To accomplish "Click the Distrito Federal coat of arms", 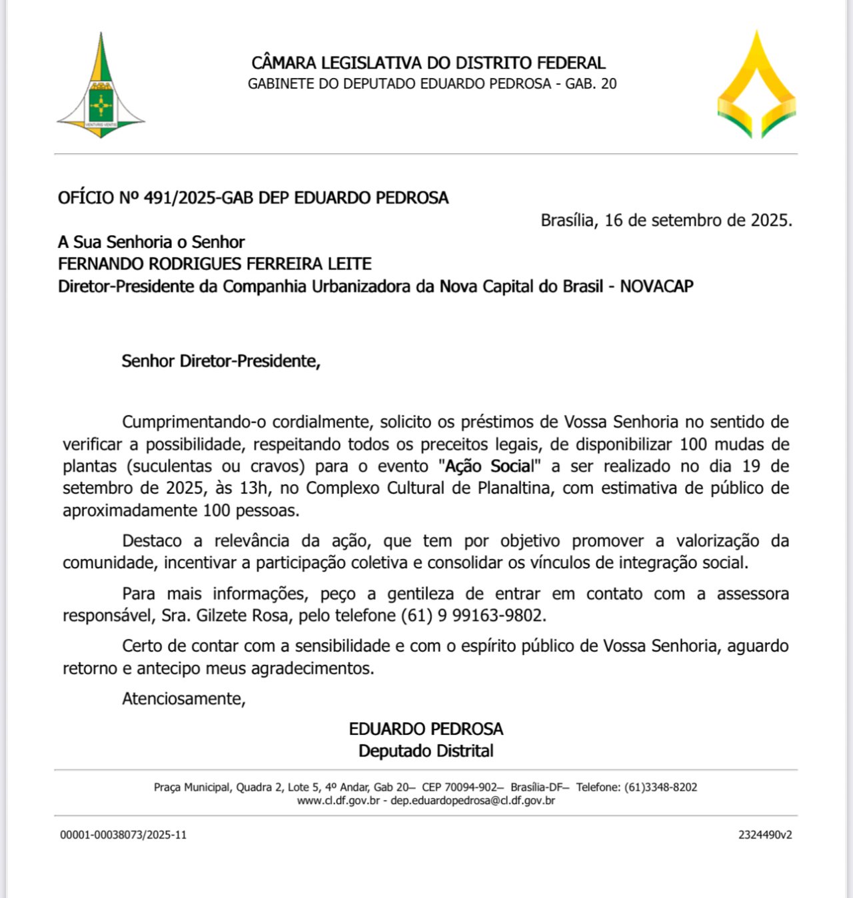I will [x=101, y=87].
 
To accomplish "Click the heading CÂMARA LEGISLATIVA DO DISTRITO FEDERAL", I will [x=428, y=63].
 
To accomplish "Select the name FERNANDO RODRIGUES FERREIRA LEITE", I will [x=215, y=264].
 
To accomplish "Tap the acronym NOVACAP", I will [x=656, y=286].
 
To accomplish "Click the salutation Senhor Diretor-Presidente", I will [x=221, y=361].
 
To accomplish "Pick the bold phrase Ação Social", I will [x=489, y=466].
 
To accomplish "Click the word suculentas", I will [x=175, y=466].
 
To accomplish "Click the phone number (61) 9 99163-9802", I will [x=473, y=616].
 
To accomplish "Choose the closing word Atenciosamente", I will [x=183, y=699].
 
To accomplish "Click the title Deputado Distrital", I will [x=426, y=751].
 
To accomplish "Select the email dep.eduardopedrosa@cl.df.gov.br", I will [x=472, y=801].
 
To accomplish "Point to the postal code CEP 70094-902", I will [x=460, y=787].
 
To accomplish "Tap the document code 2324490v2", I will [x=765, y=835].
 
